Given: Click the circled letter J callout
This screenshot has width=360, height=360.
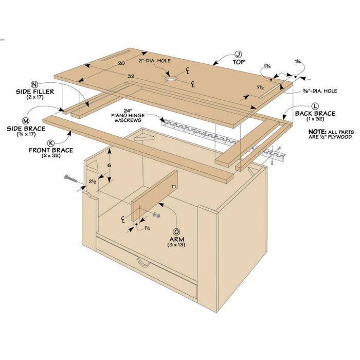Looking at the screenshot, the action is coord(238,55).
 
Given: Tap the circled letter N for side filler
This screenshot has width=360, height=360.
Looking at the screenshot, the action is coord(34,84).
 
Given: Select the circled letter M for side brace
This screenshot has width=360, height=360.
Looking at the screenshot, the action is coord(25,121).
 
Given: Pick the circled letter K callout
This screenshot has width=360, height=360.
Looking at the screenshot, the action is coord(51,143).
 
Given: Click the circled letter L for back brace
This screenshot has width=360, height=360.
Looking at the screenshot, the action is coord(315,106).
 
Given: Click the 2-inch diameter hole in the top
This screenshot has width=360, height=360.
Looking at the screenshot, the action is coord(171,79).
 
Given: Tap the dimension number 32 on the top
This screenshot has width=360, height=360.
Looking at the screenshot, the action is coord(131,76).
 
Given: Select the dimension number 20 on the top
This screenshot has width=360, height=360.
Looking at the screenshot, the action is coord(121,63).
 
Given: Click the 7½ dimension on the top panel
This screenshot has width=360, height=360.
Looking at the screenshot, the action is coord(260,87).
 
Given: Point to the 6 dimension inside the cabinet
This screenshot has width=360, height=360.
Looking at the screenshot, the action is coord(109,165).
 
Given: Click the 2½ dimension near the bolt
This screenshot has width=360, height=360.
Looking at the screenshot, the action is coord(92,182).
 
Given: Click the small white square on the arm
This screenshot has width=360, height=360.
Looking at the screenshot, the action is coord(174,187).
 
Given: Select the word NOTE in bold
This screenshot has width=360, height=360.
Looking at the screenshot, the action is coord(317,132).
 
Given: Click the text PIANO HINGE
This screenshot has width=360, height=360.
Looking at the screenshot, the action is coord(128,115).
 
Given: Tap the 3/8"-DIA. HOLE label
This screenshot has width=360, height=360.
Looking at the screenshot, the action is coord(319,91).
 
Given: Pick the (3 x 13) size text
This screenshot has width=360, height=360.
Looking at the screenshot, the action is coord(176,245).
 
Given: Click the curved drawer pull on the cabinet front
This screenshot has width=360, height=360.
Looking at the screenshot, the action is coord(142,262).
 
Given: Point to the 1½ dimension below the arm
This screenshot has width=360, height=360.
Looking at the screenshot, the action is coord(148,228).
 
